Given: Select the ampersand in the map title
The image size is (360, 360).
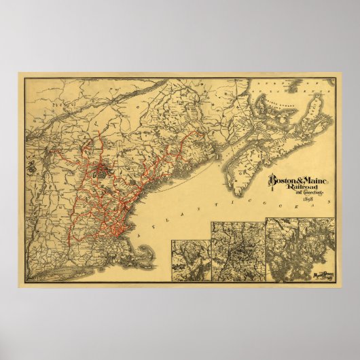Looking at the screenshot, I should [298, 181].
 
